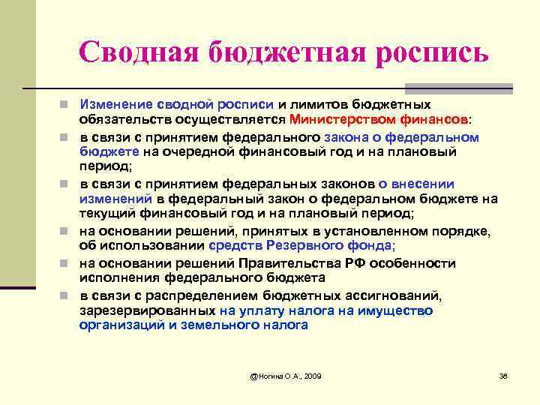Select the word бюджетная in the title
[283, 51]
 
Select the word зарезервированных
[148, 310]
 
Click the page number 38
[503, 375]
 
